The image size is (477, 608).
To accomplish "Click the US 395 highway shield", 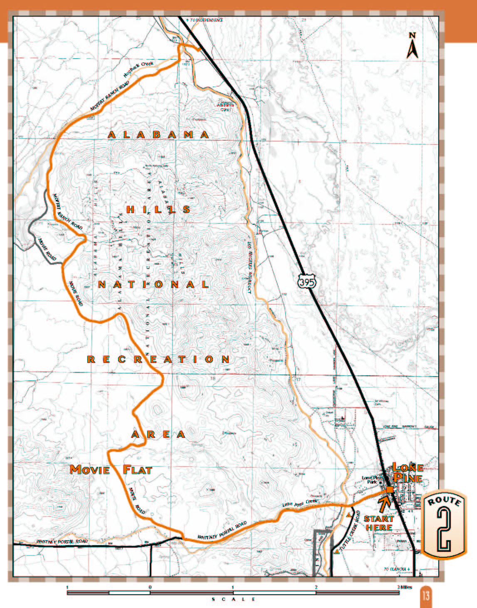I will pos(307,283).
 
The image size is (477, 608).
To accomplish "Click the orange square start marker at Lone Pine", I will pos(390,490).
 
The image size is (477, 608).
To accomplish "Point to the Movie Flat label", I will pos(111,470).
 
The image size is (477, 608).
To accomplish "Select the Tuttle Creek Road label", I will pos(351,533).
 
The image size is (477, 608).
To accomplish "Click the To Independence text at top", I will pos(205,20).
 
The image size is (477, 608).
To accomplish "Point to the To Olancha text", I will pos(397,569).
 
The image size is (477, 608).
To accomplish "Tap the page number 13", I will pos(426,596).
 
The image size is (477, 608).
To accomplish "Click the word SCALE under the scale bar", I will pos(233,599).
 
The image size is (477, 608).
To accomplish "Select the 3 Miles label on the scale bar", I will pos(405,587).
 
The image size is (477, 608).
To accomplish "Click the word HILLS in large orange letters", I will pos(158,209).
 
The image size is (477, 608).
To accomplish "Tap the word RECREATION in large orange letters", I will pos(158,359).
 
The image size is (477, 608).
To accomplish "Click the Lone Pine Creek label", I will pos(300,503).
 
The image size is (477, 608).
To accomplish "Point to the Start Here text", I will pos(378,523).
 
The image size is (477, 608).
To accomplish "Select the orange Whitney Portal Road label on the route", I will pos(222,531).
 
